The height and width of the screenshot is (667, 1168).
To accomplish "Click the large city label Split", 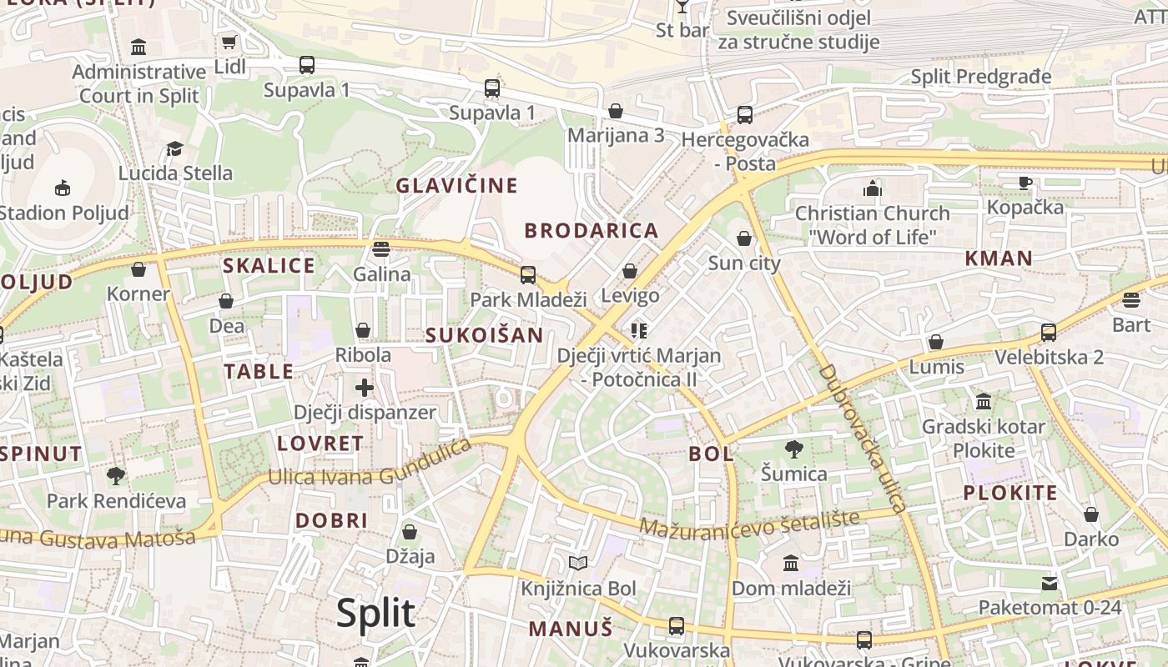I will pos(375,614).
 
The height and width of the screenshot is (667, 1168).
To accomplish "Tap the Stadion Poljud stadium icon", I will pos(63,188).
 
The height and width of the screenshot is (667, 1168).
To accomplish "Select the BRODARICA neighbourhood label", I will pos(591,231).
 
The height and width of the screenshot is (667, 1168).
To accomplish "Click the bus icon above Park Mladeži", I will pos(527,274).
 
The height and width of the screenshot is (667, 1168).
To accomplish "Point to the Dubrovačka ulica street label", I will pos(863,438).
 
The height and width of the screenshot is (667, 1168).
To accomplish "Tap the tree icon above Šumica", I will pos(794,449).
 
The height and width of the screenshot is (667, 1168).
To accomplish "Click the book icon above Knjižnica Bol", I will pos(578,564).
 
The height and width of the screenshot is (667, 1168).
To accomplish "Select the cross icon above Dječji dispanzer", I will pos(364,387).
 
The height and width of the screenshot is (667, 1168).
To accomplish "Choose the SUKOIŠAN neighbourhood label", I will pos(484,335).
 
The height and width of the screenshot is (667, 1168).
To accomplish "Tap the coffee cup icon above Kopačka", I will pos(1025,183).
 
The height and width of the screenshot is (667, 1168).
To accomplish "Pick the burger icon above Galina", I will pos(381,248).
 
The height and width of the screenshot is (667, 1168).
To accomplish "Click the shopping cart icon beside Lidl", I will pos(229,42).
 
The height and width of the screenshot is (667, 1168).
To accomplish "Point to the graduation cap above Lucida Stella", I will pos(174,148).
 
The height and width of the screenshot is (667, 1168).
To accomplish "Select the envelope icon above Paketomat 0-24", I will pos(1050,583).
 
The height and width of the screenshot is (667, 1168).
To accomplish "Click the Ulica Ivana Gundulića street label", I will pos(369,469).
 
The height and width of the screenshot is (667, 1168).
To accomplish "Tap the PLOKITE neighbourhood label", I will pos(1009,493).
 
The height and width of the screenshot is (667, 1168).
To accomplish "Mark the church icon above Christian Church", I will pos(873,188).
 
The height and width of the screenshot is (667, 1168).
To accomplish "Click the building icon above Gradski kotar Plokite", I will pos(984,402).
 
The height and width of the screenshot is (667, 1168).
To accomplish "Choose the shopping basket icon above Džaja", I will pos(410,532).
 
